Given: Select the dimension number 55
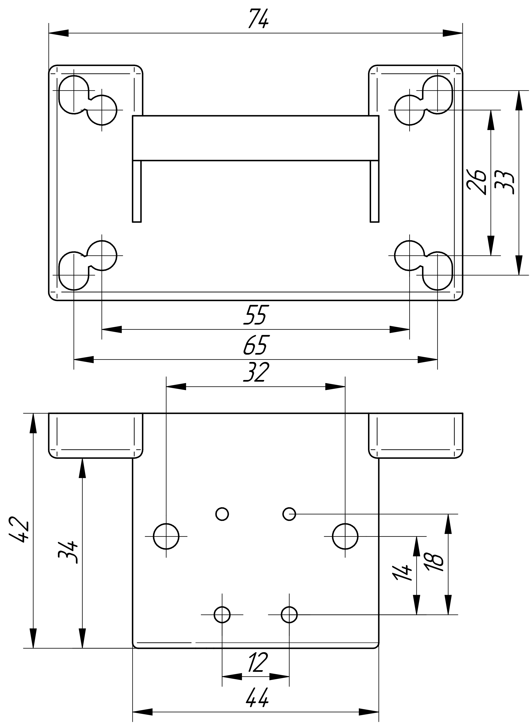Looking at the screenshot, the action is pos(255,315).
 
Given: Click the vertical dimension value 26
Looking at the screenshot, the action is pos(477,182).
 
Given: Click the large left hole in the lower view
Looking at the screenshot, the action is pos(166,536).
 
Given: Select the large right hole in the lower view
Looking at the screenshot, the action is pos(345,536).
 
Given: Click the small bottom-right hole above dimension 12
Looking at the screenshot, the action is pos(289,615).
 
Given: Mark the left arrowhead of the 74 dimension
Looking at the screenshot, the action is pos(59,33).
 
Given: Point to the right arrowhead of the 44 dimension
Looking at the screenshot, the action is pos(369,710).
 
